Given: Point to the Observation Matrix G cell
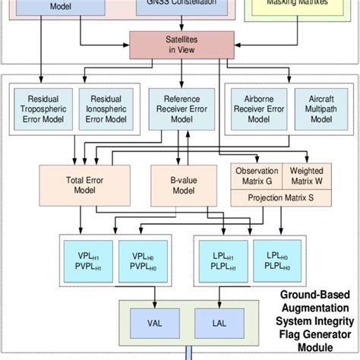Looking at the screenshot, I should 256,177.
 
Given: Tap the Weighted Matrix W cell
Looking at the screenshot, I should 307,177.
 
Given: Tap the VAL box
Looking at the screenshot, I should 153,323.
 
